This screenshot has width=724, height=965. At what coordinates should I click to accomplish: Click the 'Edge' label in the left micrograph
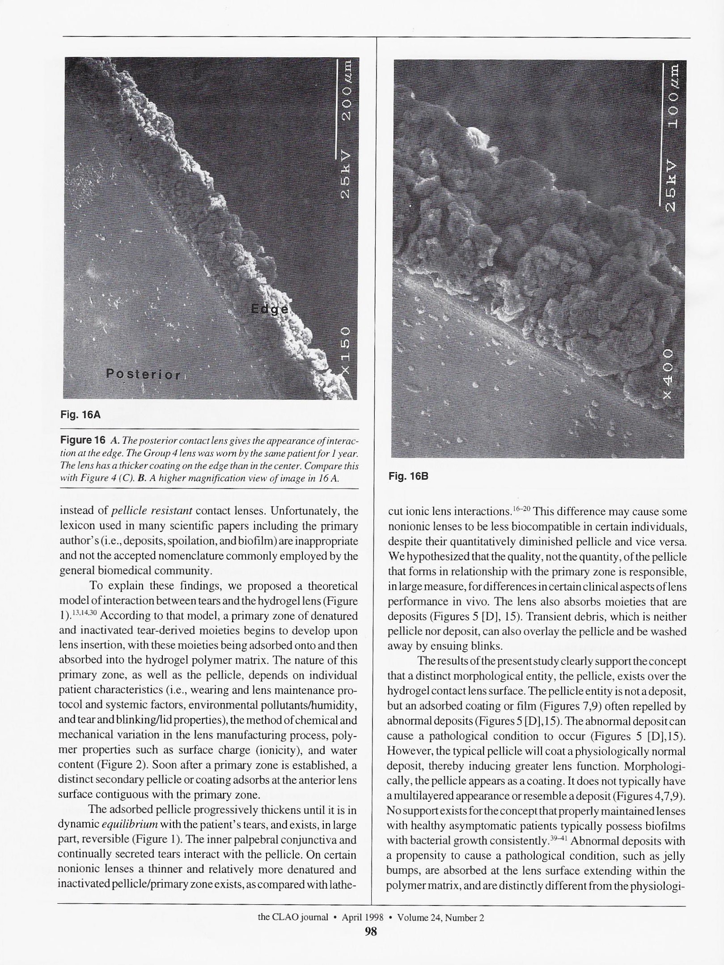(270, 310)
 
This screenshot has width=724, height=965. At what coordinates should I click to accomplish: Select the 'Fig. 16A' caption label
(80, 415)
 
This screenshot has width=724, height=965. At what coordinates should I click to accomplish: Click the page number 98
(371, 931)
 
